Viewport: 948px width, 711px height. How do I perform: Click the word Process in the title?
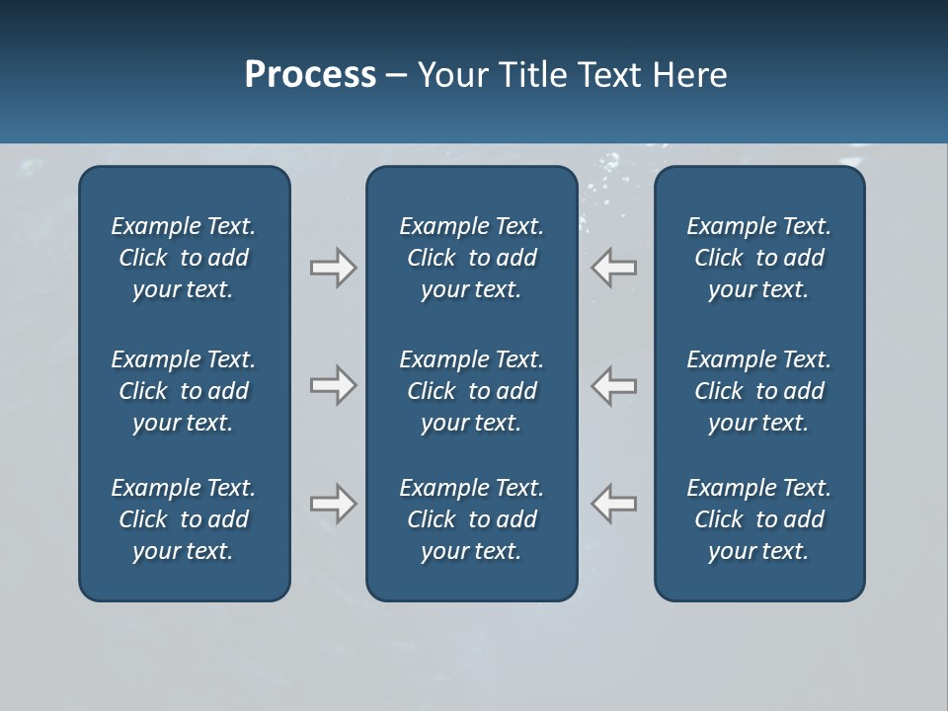(310, 75)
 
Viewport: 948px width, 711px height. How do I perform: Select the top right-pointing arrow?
(333, 268)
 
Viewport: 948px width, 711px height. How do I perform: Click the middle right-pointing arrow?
(333, 385)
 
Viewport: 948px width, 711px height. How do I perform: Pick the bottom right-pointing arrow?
(333, 504)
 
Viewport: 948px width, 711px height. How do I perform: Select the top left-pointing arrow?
(614, 268)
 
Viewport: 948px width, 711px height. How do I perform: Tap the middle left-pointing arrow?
(614, 385)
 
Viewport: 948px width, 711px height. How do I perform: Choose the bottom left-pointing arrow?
(614, 504)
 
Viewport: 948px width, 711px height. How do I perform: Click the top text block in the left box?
(184, 258)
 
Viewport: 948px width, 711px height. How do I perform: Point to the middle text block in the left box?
(184, 391)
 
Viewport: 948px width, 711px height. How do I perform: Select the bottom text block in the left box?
(184, 519)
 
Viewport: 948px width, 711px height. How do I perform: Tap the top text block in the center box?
(471, 258)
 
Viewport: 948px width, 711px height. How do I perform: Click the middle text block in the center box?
(471, 391)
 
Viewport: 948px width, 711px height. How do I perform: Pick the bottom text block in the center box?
(471, 519)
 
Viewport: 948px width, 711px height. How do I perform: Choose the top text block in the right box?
(758, 258)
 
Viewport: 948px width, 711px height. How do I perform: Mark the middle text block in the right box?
(758, 391)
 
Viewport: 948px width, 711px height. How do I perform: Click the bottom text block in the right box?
(758, 519)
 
